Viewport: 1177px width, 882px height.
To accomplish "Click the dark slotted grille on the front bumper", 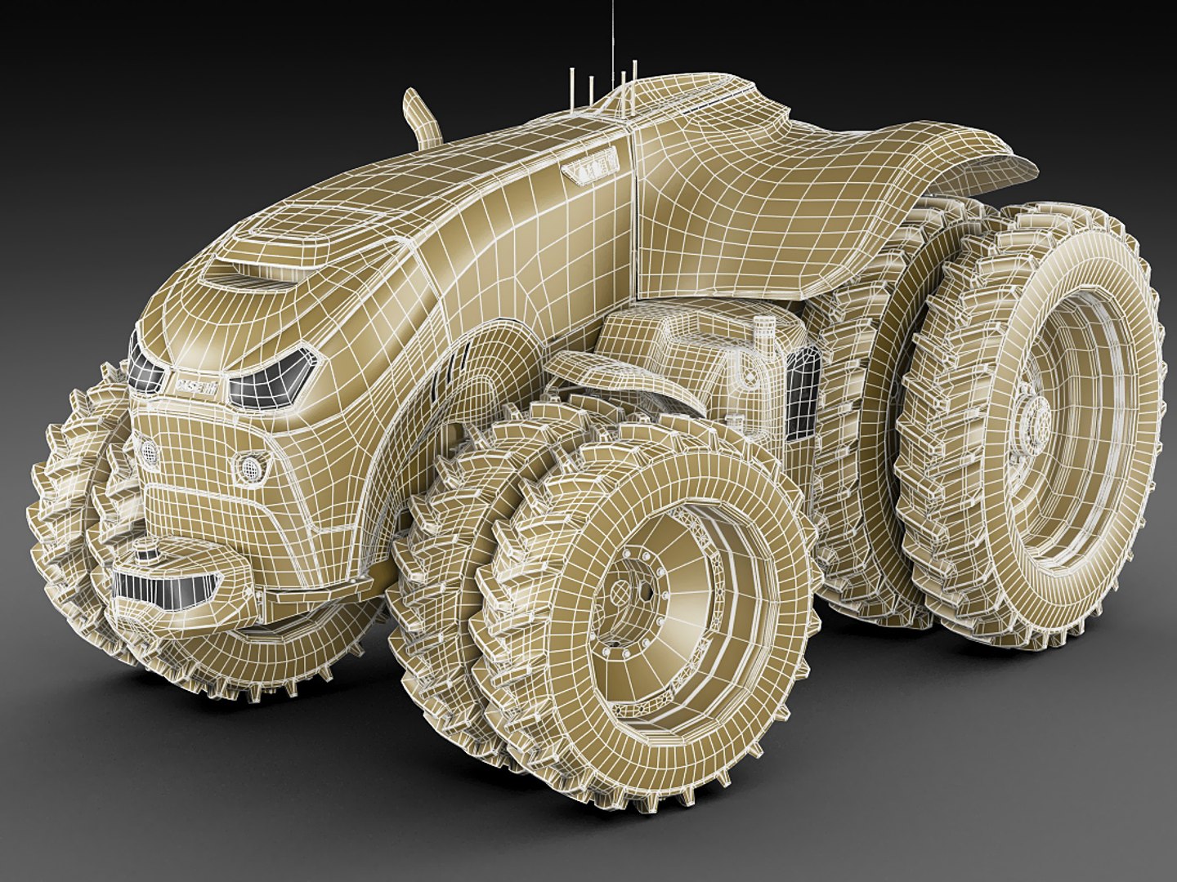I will pos(168,587).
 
